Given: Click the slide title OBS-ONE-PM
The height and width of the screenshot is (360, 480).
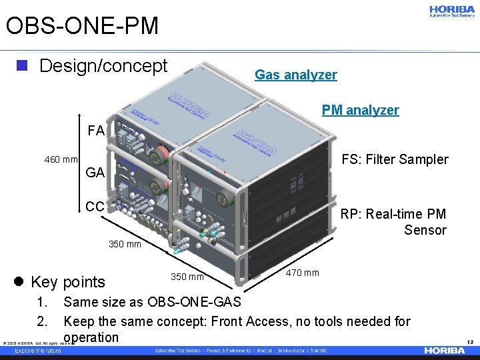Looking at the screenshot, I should pyautogui.click(x=82, y=26).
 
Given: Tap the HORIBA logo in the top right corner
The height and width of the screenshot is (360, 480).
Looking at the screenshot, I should pyautogui.click(x=451, y=11).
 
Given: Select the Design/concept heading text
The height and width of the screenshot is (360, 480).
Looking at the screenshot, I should pyautogui.click(x=103, y=66).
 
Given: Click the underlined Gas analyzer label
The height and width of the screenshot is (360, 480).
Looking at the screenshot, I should pyautogui.click(x=296, y=75).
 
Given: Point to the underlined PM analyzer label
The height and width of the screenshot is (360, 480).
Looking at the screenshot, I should pyautogui.click(x=360, y=110).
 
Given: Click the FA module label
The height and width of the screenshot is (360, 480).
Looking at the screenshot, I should pyautogui.click(x=96, y=131).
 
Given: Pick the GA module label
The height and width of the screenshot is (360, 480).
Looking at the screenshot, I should pyautogui.click(x=95, y=173).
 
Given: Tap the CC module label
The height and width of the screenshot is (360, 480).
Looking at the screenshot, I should pyautogui.click(x=95, y=206).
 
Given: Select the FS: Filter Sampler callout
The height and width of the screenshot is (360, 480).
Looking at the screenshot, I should pyautogui.click(x=395, y=160).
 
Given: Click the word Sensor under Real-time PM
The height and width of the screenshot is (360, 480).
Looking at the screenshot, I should pyautogui.click(x=425, y=231).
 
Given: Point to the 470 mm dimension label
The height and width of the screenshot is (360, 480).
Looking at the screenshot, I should pyautogui.click(x=303, y=273).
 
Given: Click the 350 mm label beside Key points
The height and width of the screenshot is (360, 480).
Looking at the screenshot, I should pyautogui.click(x=187, y=277).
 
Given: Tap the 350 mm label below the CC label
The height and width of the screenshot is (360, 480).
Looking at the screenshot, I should pyautogui.click(x=125, y=244).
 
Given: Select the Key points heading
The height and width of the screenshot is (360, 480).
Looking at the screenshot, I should pyautogui.click(x=68, y=282).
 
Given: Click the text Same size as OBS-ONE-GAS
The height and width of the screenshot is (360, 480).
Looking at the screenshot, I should pyautogui.click(x=152, y=304).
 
